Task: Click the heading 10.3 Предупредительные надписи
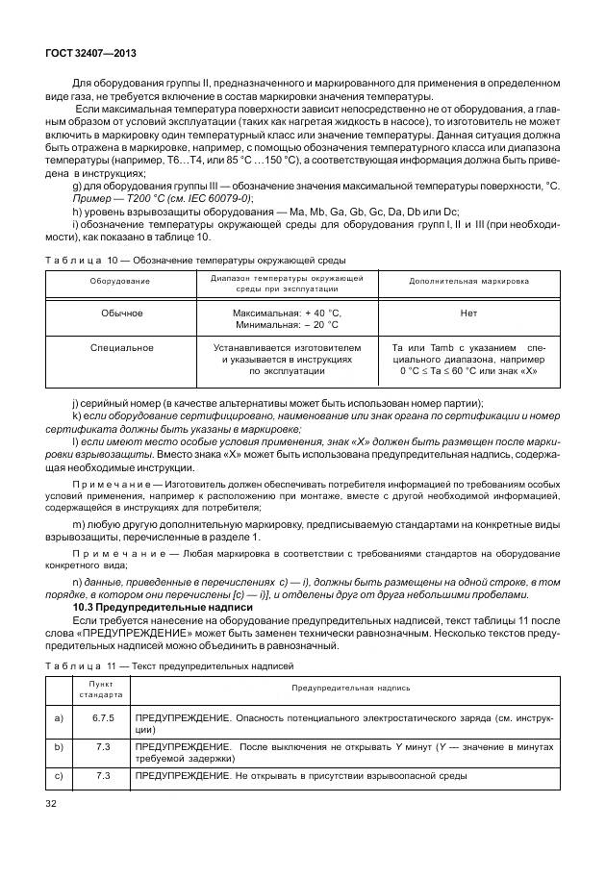pyautogui.click(x=163, y=608)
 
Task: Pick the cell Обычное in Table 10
pyautogui.click(x=121, y=313)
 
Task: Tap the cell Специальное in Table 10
pyautogui.click(x=121, y=346)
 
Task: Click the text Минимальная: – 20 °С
pyautogui.click(x=286, y=325)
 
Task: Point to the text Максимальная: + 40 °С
pyautogui.click(x=286, y=313)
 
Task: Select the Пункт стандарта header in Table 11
pyautogui.click(x=101, y=688)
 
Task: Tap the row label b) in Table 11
pyautogui.click(x=61, y=746)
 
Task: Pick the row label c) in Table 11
pyautogui.click(x=61, y=775)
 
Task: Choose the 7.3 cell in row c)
pyautogui.click(x=103, y=775)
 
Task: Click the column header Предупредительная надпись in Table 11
pyautogui.click(x=350, y=688)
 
